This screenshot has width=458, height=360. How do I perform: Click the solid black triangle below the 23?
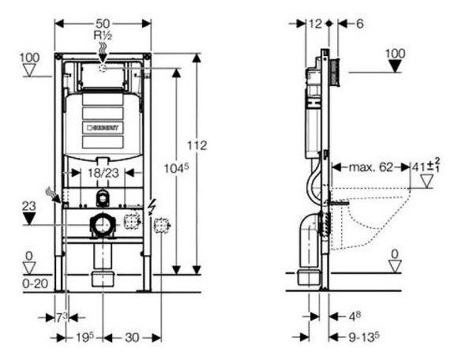pyautogui.click(x=30, y=217)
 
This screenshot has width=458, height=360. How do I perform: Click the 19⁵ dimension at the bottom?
pyautogui.click(x=85, y=338)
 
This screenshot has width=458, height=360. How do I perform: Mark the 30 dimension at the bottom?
pyautogui.click(x=132, y=338)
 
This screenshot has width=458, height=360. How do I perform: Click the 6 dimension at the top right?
pyautogui.click(x=359, y=24)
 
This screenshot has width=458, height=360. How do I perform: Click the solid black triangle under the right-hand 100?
pyautogui.click(x=396, y=66)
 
